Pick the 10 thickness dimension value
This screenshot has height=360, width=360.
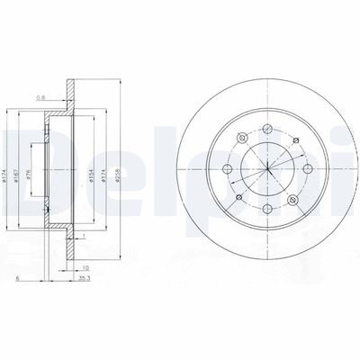(x=85, y=268)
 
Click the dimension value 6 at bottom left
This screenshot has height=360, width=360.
(x=17, y=280)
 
